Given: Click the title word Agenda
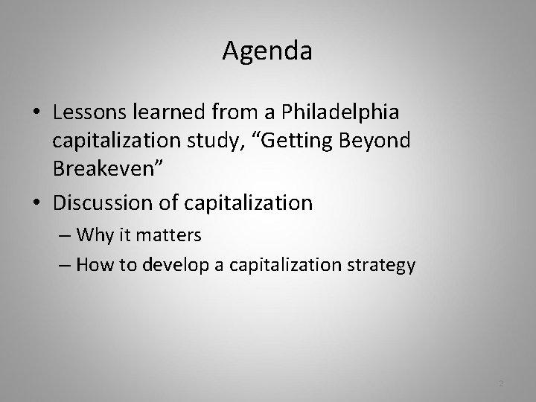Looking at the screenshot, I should tap(267, 51).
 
